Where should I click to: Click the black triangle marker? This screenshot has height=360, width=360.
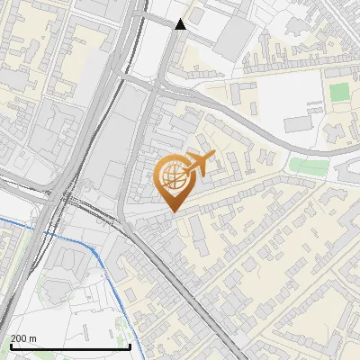(x=180, y=24)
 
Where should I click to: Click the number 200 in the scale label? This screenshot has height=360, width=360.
(x=18, y=338)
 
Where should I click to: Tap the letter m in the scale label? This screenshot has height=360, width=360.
(x=33, y=338)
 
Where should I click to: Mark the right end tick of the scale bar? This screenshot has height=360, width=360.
(x=131, y=346)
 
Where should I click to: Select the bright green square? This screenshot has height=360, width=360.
(x=338, y=92)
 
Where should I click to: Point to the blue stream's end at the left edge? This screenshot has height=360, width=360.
(x=3, y=220)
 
